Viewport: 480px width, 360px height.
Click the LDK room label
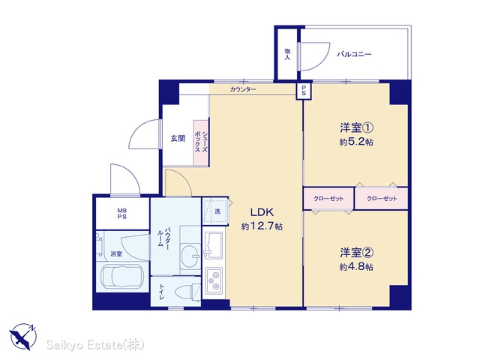pos(262,211)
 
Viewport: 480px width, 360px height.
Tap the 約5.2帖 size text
pos(356,142)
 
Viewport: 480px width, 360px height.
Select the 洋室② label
pos(356,253)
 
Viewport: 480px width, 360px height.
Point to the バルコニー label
pos(354,55)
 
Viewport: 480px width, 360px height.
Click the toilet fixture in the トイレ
pos(187,292)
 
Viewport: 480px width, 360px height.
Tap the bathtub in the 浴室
pos(122,277)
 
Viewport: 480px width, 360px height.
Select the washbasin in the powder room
pos(190,254)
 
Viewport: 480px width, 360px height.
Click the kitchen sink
pos(213,245)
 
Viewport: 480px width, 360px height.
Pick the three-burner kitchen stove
pos(214,280)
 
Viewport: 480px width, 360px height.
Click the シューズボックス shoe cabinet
pos(201,142)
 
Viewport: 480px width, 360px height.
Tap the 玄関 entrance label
pos(178,138)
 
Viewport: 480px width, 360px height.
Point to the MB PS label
pos(122,214)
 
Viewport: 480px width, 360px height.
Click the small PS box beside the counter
pos(304,91)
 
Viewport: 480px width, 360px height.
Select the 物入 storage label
pos(287,54)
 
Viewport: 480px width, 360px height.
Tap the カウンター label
pos(243,90)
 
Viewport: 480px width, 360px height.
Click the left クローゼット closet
pos(328,199)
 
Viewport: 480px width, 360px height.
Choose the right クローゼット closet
pos(382,199)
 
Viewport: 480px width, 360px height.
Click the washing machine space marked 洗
pos(215,211)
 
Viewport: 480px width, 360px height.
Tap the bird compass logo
pos(23,337)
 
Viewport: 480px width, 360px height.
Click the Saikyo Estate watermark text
pos(95,345)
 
